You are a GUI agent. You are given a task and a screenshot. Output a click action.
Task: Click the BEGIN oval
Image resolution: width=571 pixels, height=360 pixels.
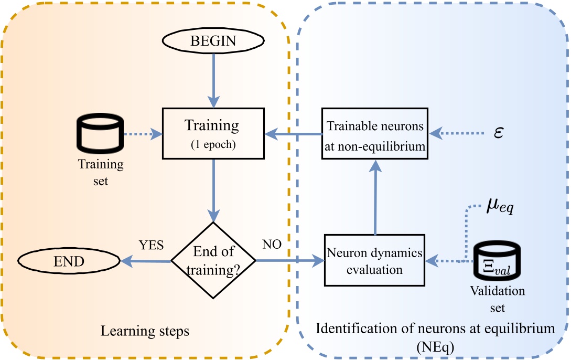(x=213, y=40)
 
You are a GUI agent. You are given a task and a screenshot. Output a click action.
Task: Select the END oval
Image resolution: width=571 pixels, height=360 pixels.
(x=68, y=260)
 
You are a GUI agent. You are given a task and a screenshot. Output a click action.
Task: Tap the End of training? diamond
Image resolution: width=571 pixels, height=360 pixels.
(x=213, y=260)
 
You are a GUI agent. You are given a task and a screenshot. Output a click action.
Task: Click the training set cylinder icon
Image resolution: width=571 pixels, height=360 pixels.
(x=100, y=134)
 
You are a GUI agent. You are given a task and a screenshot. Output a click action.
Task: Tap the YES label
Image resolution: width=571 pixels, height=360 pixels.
(x=151, y=245)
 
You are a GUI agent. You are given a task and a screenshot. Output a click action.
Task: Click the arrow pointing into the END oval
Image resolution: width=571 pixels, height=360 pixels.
(x=146, y=260)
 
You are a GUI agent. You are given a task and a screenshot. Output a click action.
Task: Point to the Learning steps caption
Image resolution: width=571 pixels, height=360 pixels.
(x=145, y=332)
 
